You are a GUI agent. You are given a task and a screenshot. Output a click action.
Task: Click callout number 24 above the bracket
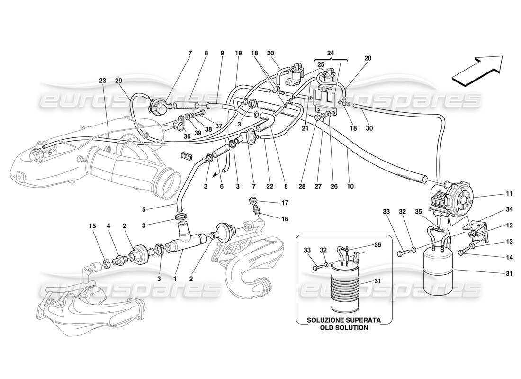click(331, 54)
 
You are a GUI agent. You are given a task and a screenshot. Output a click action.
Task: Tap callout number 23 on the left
click(103, 81)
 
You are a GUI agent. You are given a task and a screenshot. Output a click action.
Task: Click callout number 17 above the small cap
click(271, 203)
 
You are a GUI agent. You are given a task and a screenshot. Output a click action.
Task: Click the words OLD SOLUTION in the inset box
click(343, 327)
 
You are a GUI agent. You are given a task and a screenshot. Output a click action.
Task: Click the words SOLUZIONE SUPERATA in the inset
click(343, 320)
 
